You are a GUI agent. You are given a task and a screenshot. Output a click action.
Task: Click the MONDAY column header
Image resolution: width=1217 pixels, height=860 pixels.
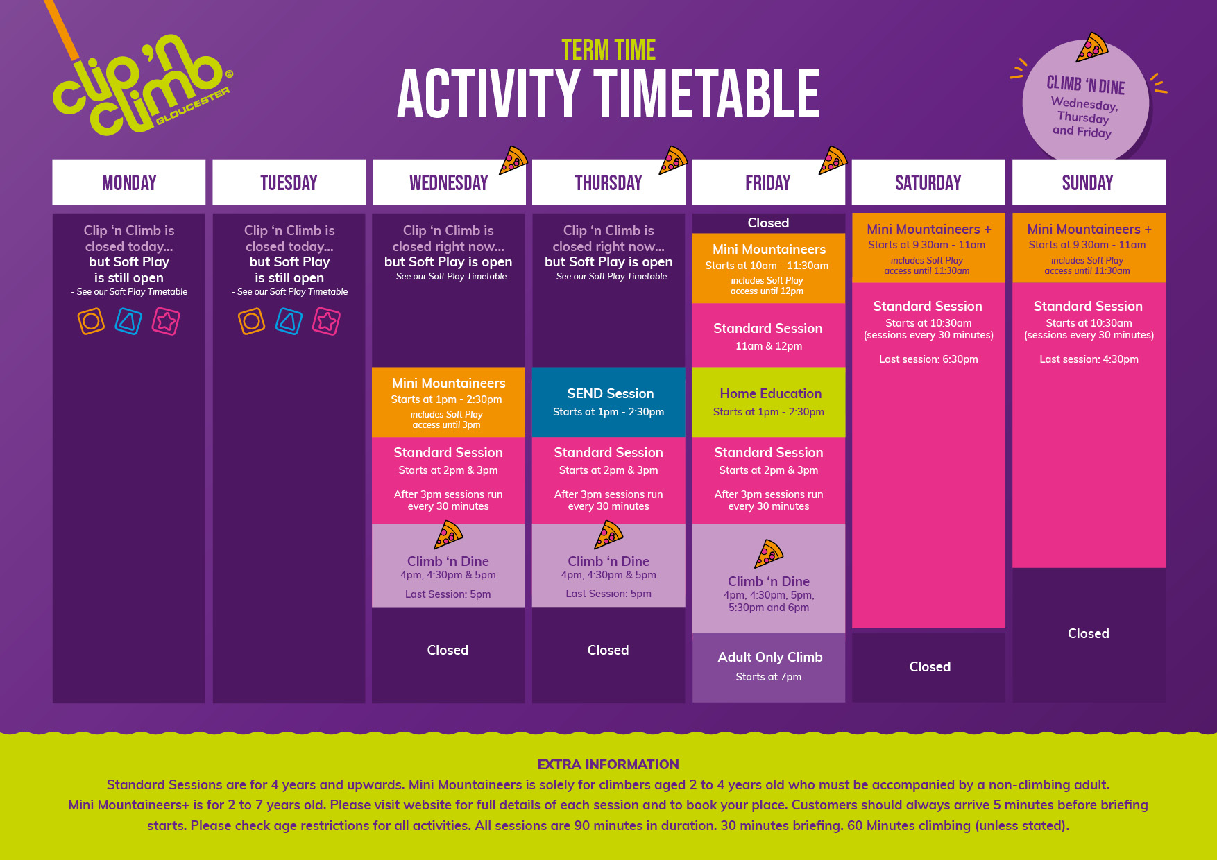(129, 182)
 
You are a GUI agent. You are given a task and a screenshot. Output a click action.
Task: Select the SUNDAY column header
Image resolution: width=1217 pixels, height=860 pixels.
(1089, 182)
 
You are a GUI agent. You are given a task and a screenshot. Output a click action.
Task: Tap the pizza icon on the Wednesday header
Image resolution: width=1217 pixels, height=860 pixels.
(513, 160)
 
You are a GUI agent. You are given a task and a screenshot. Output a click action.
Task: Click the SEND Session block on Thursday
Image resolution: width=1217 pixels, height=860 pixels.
(608, 402)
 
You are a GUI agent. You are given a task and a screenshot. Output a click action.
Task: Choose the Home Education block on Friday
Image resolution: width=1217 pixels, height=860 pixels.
(769, 402)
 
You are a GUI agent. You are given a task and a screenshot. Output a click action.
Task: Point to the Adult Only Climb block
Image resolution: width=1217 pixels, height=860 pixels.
(769, 667)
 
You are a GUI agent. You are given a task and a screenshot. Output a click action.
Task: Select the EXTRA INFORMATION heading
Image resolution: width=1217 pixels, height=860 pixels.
(608, 764)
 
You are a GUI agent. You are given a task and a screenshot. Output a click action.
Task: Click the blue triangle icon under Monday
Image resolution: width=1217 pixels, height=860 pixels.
(128, 321)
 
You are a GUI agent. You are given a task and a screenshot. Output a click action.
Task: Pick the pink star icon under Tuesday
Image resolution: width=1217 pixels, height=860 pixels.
(326, 321)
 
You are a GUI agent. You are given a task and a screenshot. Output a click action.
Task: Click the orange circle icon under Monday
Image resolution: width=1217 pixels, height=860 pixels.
(91, 321)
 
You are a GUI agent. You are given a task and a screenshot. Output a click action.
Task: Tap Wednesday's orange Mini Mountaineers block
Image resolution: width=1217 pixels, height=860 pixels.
(448, 402)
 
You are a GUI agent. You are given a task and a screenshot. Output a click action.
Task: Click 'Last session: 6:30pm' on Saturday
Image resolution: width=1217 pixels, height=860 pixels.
(928, 359)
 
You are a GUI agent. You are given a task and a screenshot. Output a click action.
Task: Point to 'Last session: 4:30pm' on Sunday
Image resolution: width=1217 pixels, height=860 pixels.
(1089, 359)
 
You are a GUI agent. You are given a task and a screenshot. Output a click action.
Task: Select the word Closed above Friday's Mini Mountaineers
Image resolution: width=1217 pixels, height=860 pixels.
(768, 223)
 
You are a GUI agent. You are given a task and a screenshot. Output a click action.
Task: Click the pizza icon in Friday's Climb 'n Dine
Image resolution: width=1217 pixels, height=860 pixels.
(769, 553)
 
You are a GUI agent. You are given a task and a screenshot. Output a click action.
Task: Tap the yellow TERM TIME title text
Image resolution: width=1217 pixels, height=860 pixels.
(608, 50)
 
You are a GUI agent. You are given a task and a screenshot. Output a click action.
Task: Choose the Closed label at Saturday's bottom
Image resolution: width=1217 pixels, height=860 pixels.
(930, 666)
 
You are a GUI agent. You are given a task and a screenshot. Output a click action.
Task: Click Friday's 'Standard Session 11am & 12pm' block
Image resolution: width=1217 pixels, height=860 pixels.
(769, 336)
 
